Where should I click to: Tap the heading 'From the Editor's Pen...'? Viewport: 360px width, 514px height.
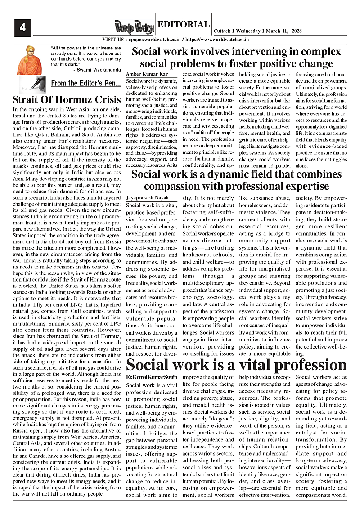point(85,83)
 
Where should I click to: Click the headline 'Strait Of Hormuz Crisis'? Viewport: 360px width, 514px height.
point(67,99)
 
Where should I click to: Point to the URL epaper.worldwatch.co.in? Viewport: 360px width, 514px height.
point(156,40)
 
